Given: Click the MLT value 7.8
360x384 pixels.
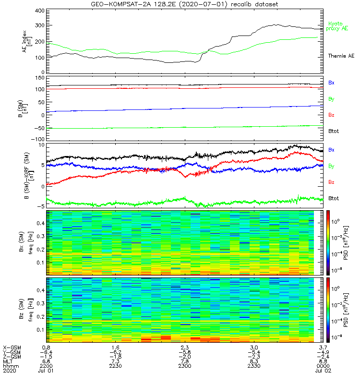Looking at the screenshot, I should (184, 361).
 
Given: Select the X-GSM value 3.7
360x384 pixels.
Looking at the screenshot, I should (323, 347).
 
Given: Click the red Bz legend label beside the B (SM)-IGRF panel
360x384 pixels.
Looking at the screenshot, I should (332, 182).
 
